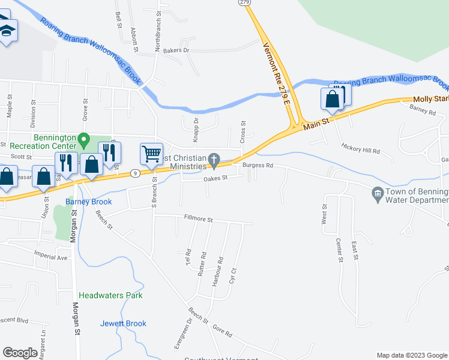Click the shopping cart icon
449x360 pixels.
click(151, 153)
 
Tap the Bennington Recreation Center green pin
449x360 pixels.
click(85, 141)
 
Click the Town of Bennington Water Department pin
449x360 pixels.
click(378, 193)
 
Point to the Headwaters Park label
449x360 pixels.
click(110, 296)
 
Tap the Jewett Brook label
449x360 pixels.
click(123, 323)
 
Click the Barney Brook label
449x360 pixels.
click(93, 202)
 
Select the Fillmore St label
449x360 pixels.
click(199, 220)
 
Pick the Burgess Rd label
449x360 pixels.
click(258, 166)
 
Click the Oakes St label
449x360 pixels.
click(215, 178)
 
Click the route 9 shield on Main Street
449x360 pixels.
click(136, 173)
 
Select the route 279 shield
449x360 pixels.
click(244, 2)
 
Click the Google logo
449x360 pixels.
click(20, 353)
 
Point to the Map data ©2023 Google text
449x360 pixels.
click(411, 355)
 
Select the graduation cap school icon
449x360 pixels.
click(7, 31)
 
